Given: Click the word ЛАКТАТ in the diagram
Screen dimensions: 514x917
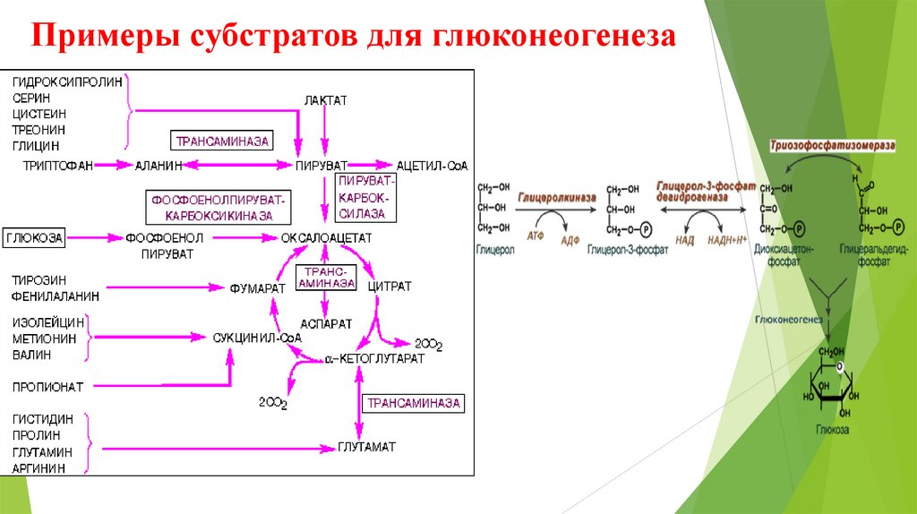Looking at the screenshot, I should click(x=325, y=99).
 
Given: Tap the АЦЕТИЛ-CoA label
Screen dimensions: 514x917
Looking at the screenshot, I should click(x=433, y=166).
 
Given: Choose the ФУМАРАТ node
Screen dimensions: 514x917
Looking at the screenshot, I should click(x=256, y=287).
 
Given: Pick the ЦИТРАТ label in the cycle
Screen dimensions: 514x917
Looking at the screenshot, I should click(x=390, y=287).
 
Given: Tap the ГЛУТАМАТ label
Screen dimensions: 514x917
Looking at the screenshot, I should click(x=366, y=446).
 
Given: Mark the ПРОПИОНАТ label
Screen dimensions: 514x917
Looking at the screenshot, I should click(x=47, y=387).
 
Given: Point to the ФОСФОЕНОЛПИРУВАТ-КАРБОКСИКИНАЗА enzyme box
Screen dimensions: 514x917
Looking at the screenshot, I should click(x=219, y=207).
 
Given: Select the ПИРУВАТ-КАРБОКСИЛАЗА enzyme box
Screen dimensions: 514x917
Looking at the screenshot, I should click(x=362, y=197).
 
